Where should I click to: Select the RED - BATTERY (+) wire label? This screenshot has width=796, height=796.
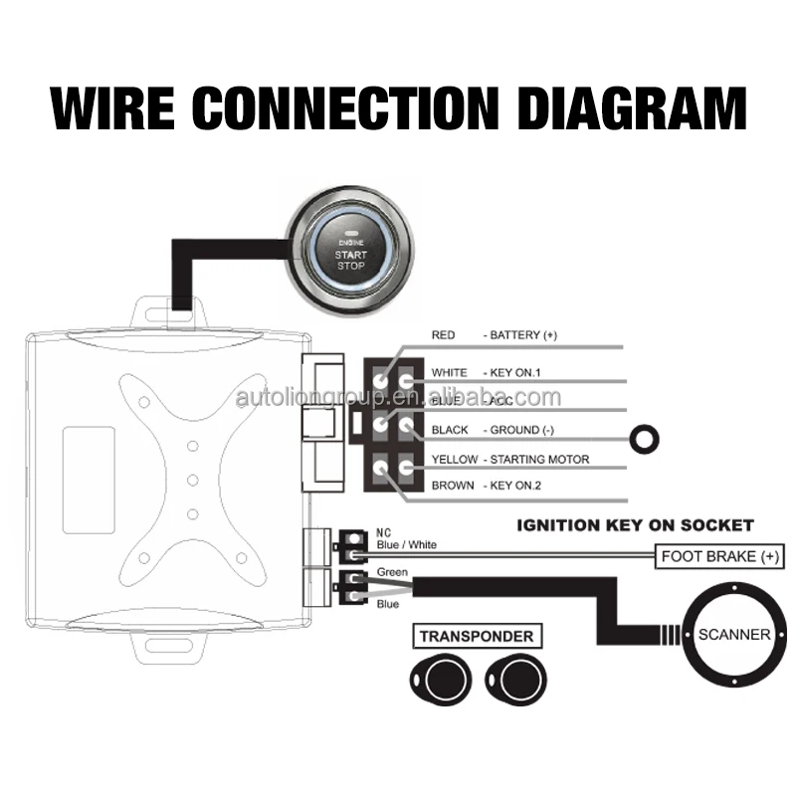pos(494,335)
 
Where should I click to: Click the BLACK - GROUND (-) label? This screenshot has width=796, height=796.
pos(493,430)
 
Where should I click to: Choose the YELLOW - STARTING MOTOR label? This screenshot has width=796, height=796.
pos(509,459)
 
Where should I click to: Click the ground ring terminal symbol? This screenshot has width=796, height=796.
pos(645,435)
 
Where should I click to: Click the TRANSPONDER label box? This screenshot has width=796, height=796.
pos(476,636)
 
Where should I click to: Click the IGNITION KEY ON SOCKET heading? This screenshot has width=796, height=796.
pos(635,524)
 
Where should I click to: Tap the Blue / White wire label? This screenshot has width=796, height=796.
pos(406,544)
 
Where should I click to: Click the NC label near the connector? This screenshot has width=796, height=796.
pos(384,532)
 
